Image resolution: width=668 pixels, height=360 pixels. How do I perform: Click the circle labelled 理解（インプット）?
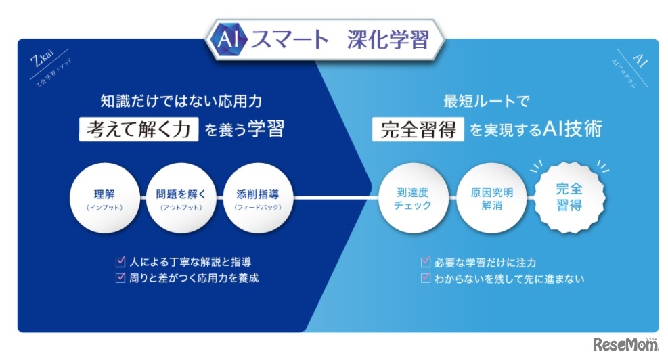coord(105,198)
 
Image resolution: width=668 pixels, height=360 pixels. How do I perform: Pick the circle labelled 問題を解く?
coord(180,198)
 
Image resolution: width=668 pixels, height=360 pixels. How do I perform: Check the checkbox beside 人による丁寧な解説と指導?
coord(120,261)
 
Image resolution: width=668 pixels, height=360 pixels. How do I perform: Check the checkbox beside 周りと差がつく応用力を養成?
coord(120,277)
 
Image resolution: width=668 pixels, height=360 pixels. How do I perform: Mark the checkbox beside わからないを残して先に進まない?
coord(425,278)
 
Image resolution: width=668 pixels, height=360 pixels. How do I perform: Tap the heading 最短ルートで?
coord(485,102)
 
